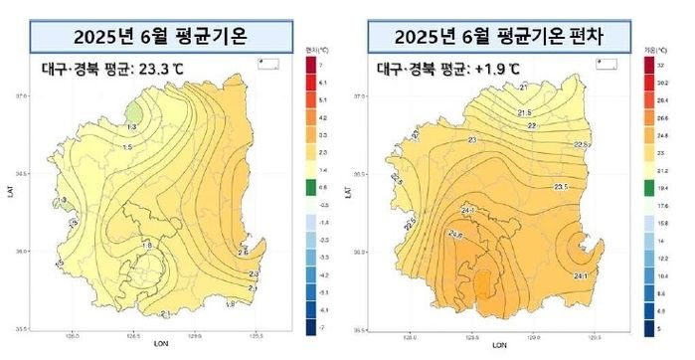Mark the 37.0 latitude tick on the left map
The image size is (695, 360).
[x=23, y=95]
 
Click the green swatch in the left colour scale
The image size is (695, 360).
[x=309, y=185]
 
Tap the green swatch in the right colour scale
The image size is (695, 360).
[x=647, y=185]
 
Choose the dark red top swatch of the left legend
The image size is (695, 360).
[x=309, y=65]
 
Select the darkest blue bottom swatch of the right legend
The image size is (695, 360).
[x=647, y=326]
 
